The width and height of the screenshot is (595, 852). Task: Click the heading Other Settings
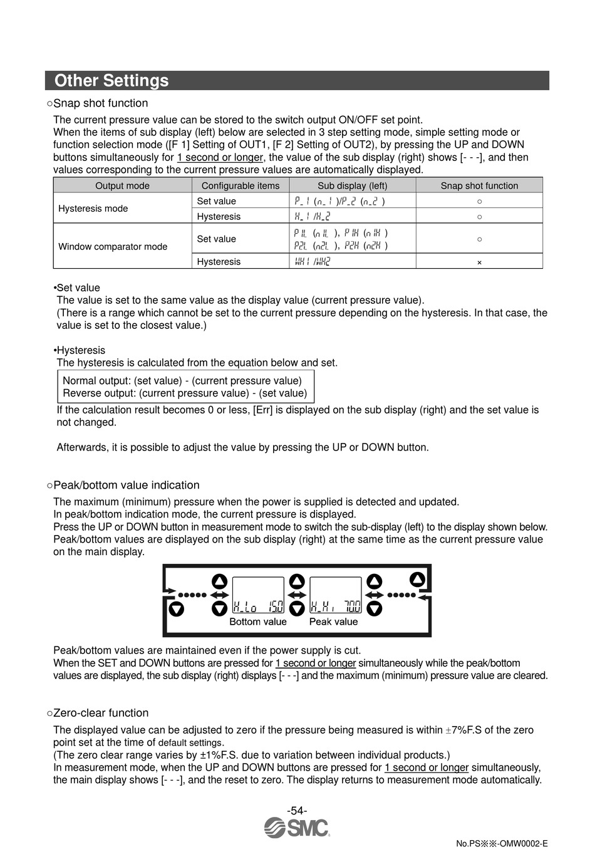111,81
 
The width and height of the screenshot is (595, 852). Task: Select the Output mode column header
122,185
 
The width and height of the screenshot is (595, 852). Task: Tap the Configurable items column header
241,185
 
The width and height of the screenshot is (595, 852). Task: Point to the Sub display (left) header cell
352,185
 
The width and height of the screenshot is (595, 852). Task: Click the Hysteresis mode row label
93,209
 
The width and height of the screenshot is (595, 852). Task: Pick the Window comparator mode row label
113,246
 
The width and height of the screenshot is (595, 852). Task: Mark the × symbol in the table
479,262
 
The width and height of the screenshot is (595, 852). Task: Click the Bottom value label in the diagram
257,621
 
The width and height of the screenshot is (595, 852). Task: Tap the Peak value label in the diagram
333,621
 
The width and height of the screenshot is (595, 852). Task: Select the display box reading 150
258,596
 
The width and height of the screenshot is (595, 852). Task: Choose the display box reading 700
336,596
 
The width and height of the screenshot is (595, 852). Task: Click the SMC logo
297,828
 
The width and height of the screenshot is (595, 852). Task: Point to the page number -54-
297,810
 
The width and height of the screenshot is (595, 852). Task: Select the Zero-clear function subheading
101,713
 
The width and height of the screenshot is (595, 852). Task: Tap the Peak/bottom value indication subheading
127,485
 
